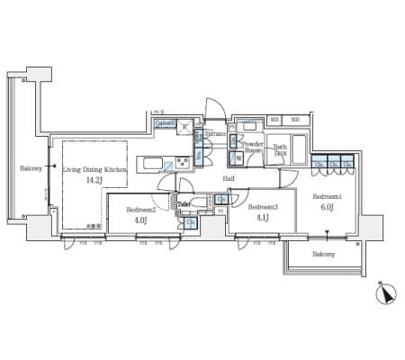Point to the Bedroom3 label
coord(264,206)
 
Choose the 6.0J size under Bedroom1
coord(327,207)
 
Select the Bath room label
coord(280,147)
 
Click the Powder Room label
coord(253,148)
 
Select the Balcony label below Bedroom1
coord(324,255)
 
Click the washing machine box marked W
coord(238,158)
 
